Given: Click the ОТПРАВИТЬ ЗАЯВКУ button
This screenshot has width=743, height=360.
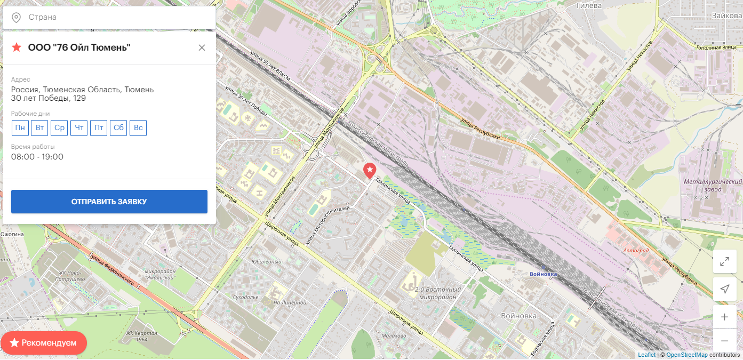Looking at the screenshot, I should click(109, 202).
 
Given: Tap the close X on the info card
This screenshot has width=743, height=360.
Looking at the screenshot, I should click(202, 47).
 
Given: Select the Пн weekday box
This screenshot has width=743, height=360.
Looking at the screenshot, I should click(20, 128).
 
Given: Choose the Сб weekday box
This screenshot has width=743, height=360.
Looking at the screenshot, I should click(118, 128).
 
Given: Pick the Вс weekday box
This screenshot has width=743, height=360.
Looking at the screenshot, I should click(138, 128).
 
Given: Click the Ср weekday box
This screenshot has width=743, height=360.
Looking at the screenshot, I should click(60, 128).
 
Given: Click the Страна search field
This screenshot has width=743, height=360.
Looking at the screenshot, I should click(117, 18).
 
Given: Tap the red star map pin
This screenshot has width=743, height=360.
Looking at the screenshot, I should click(370, 170).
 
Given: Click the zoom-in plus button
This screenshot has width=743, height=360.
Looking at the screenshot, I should click(724, 317).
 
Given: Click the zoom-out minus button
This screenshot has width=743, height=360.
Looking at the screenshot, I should click(724, 340).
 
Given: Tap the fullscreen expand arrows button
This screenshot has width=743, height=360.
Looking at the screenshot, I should click(724, 261).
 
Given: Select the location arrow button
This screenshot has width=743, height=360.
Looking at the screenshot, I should click(724, 289).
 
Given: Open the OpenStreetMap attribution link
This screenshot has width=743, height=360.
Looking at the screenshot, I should click(686, 355).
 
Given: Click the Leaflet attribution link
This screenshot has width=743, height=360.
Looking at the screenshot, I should click(646, 355).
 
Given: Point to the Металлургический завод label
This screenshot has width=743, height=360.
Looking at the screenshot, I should click(713, 186).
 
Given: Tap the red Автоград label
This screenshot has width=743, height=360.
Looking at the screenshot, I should click(636, 250).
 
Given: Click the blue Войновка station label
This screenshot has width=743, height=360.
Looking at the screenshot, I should click(544, 274).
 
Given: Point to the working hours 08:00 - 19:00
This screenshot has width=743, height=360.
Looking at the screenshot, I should click(37, 157).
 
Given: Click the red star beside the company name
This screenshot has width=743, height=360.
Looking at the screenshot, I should click(17, 47).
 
